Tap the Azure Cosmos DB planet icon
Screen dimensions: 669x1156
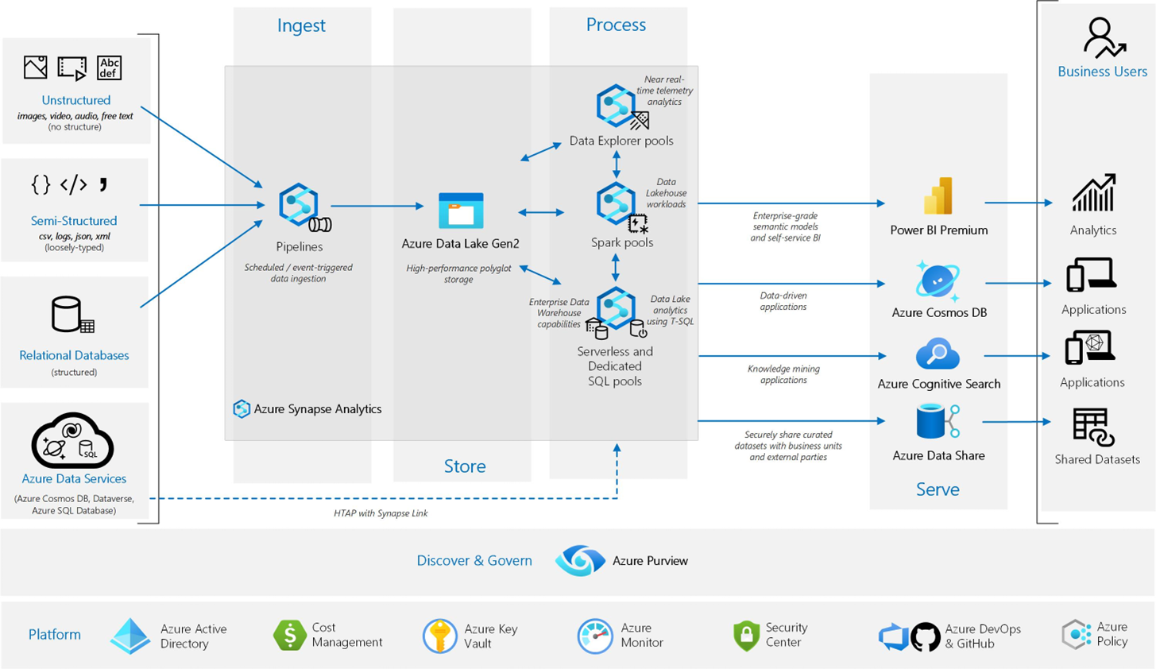(x=938, y=280)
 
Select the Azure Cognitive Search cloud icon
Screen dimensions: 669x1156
(x=938, y=354)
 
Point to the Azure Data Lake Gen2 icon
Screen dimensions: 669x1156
(x=461, y=211)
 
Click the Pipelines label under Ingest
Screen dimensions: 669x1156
(x=300, y=247)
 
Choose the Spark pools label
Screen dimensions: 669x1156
(x=622, y=242)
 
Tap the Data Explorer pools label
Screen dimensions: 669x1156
(x=621, y=141)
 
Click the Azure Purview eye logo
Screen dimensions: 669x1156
(x=580, y=561)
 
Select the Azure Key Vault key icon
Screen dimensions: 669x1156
(x=439, y=636)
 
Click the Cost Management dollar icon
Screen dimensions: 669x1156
(x=289, y=635)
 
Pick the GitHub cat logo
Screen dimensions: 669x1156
(x=925, y=636)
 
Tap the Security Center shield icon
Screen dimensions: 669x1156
(x=746, y=636)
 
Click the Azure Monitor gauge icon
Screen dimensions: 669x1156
(x=594, y=636)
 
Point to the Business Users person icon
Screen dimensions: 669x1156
(x=1103, y=38)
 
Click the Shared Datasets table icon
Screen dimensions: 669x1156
(x=1093, y=427)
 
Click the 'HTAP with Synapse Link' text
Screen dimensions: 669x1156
(x=381, y=513)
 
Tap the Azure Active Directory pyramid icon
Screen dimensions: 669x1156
(x=130, y=636)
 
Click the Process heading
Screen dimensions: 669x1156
(x=616, y=25)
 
